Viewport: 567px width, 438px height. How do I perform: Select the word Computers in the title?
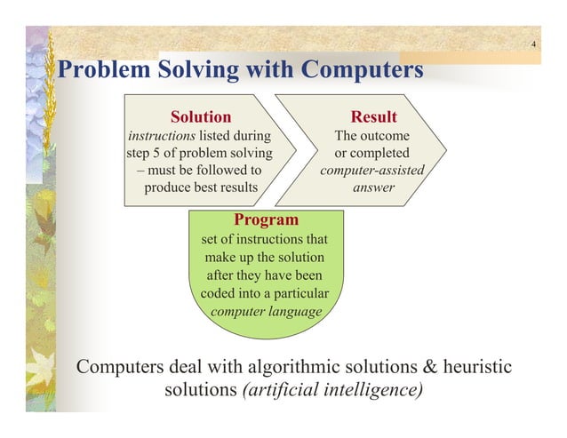click(x=362, y=70)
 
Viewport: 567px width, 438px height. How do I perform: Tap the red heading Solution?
click(x=201, y=117)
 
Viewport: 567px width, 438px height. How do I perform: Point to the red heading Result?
click(x=373, y=117)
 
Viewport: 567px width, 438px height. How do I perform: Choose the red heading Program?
click(x=266, y=219)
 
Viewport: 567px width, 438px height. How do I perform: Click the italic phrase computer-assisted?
click(x=372, y=170)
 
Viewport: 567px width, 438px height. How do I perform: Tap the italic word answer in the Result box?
click(x=374, y=187)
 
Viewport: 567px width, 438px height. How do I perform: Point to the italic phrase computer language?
click(x=266, y=311)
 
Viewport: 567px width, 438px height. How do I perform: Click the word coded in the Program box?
click(x=220, y=293)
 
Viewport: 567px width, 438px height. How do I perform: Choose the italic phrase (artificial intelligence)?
click(x=332, y=391)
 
